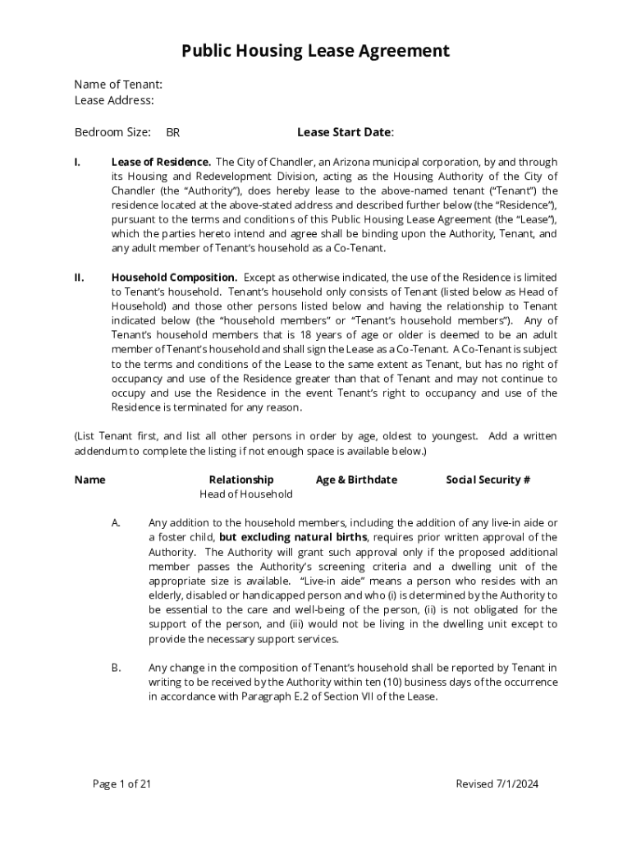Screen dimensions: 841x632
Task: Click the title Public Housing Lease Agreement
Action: (315, 52)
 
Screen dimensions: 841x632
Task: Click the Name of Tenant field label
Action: (118, 84)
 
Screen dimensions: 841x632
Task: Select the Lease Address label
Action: (114, 100)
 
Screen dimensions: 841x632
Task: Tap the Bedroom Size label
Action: (112, 132)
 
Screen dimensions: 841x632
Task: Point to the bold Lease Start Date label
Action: (345, 132)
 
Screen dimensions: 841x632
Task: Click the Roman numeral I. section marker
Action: (77, 162)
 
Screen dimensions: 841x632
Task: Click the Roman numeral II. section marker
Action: (79, 278)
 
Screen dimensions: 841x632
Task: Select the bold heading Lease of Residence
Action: (161, 162)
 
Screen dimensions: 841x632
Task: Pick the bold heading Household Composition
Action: (174, 278)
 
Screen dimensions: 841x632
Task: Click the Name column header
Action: (89, 480)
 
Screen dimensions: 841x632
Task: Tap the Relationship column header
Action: (241, 480)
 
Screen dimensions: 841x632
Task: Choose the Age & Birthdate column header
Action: (356, 480)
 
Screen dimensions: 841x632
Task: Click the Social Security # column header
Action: (488, 480)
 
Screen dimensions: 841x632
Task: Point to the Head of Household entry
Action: (246, 494)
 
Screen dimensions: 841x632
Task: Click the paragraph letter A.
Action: (117, 523)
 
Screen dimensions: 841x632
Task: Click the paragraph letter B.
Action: (117, 668)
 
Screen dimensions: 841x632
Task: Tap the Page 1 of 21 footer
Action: (122, 784)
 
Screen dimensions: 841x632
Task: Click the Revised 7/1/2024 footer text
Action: (497, 784)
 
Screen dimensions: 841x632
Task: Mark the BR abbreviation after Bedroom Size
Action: (173, 133)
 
